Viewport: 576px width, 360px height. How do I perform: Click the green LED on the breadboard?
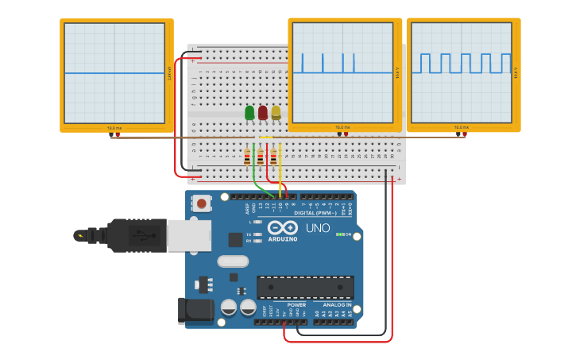tap(249, 113)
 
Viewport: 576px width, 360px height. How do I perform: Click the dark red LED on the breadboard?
tap(263, 113)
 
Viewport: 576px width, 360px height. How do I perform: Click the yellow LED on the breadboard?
tap(276, 112)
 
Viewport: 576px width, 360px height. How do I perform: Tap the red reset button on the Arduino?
tap(202, 203)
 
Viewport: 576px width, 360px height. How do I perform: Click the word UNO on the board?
tap(318, 229)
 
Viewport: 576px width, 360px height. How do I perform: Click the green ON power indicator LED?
tap(340, 234)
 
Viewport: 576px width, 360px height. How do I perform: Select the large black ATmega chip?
tap(305, 287)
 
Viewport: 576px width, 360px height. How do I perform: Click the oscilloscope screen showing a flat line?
tap(116, 73)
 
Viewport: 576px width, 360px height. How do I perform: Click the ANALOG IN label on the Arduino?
tap(333, 304)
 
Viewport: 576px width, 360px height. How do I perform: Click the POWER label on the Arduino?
tap(296, 304)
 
